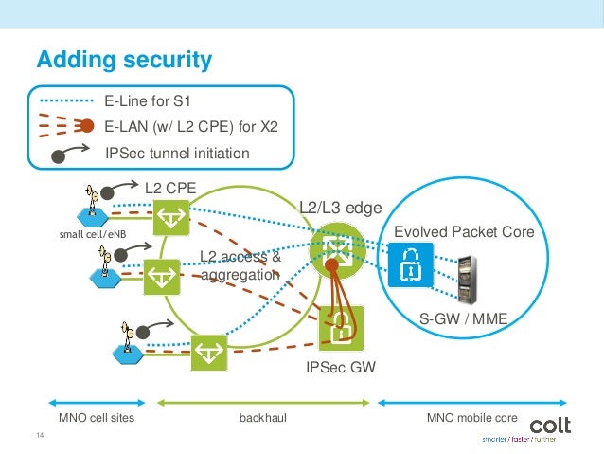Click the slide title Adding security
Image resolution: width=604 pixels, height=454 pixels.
pos(123,61)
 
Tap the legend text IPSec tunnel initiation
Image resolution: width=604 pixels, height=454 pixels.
pos(177,153)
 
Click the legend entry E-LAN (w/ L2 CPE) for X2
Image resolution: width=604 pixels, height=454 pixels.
pos(198,125)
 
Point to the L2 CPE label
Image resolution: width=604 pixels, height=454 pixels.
pos(169,188)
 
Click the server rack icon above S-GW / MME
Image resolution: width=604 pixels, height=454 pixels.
pos(465,275)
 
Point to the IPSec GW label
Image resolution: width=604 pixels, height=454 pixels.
pos(340,369)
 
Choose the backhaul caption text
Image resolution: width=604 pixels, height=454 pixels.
pos(259,417)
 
